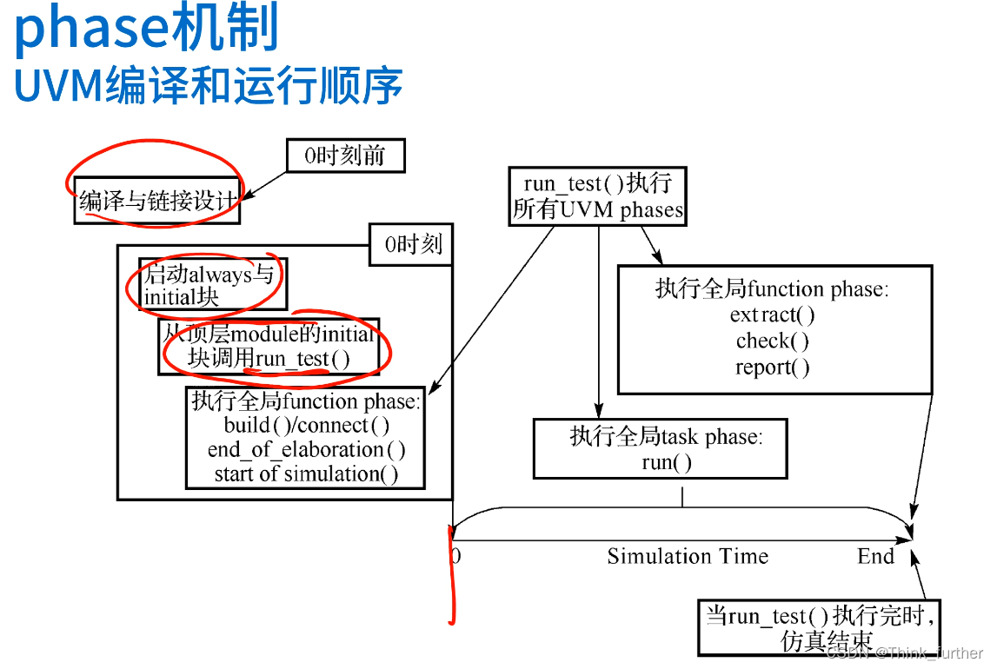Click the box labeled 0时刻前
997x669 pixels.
pos(345,156)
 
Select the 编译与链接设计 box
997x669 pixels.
pos(157,202)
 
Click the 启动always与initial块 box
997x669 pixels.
pos(211,284)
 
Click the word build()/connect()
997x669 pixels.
pos(306,426)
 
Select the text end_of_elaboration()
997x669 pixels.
pos(306,450)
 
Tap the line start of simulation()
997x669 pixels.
pos(306,474)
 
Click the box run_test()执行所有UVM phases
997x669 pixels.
pos(598,196)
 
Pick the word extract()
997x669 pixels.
pos(772,315)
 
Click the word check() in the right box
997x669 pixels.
pos(772,341)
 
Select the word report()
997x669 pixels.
pos(772,367)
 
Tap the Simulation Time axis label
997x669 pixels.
pos(688,556)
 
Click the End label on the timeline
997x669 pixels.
pos(875,556)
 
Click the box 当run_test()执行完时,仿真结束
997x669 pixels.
pos(820,627)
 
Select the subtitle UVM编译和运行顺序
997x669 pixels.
pos(209,86)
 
